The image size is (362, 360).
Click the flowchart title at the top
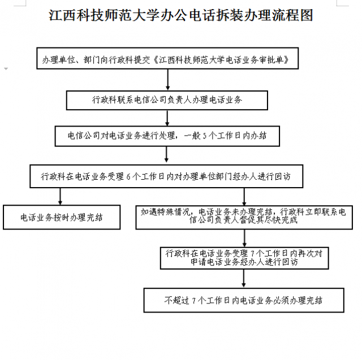point(181,15)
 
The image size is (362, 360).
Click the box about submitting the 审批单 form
point(167,58)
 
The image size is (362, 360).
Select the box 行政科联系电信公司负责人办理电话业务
point(167,101)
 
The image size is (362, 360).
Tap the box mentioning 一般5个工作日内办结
point(167,136)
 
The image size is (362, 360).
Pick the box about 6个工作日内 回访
point(166,176)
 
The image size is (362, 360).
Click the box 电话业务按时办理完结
point(62,217)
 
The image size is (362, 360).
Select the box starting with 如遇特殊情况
point(244,217)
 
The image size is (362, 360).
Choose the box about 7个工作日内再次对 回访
point(244,258)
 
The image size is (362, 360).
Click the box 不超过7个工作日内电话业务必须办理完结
point(244,300)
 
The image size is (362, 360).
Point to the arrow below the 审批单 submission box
point(168,80)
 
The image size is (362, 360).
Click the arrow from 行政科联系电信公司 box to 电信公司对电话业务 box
point(167,118)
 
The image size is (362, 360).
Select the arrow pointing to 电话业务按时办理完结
point(61,196)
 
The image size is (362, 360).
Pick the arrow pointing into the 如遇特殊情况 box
point(244,197)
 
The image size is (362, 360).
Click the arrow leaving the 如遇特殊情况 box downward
point(244,238)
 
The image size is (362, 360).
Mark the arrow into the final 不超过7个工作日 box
point(244,279)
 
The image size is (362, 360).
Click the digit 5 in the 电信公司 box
point(204,136)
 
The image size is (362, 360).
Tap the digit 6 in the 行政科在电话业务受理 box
point(128,177)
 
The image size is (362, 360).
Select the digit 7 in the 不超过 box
point(194,301)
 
